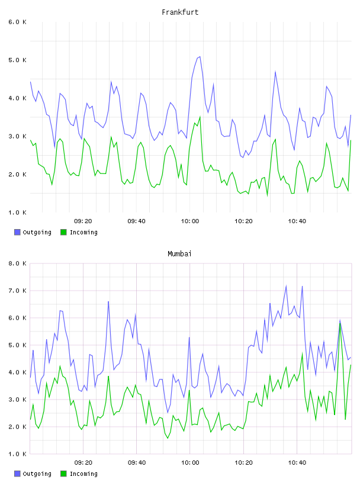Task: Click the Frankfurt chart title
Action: click(180, 12)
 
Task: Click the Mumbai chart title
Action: click(179, 254)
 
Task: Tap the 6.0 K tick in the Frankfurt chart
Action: click(17, 22)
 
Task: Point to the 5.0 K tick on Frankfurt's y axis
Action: click(17, 60)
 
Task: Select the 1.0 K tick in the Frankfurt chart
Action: click(17, 212)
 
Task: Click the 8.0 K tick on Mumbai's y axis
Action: click(17, 263)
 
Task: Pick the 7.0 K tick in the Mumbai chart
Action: click(17, 291)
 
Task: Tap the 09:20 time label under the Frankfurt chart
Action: click(83, 221)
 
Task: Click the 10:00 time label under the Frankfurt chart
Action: click(190, 221)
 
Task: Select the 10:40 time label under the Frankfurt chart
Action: click(297, 221)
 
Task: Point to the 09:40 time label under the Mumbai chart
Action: click(137, 463)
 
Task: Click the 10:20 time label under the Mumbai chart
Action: click(243, 463)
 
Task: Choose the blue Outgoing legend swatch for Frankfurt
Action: click(17, 232)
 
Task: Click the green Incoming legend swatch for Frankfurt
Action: click(63, 232)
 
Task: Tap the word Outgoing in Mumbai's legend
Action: click(37, 474)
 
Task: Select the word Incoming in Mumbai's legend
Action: click(83, 474)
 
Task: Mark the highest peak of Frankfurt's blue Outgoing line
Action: click(200, 57)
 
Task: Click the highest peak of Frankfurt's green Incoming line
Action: click(200, 117)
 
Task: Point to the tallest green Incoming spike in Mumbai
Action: click(340, 323)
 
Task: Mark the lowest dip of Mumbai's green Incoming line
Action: click(168, 439)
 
